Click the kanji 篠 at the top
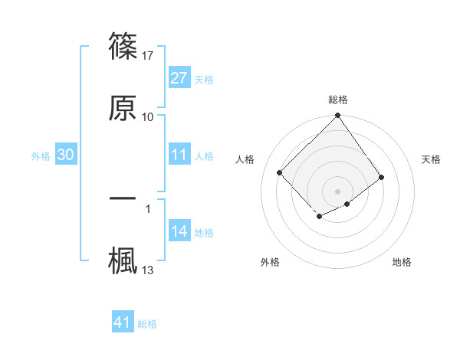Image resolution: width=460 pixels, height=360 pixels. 123,46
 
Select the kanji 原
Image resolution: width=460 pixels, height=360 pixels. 123,107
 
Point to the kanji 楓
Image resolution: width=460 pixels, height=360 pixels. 123,259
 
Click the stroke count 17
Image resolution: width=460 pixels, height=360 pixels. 148,56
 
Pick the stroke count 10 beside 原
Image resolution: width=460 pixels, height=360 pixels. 148,117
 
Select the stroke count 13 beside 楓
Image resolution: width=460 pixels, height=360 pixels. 148,270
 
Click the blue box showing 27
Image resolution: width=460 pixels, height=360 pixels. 179,78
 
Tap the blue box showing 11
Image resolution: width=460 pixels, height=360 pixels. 179,155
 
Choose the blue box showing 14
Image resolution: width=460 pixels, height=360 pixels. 179,231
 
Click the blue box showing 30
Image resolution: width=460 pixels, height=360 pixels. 66,155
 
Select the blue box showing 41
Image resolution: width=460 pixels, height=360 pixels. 123,322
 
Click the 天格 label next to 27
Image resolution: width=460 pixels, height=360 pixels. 204,79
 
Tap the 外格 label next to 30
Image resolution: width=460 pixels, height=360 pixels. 41,155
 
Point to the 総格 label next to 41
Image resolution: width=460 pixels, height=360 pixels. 147,323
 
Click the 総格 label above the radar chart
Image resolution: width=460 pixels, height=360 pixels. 338,100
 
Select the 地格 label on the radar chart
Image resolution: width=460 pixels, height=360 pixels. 402,262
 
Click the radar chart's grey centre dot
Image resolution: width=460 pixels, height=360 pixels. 338,191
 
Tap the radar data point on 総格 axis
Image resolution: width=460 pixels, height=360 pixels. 338,116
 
